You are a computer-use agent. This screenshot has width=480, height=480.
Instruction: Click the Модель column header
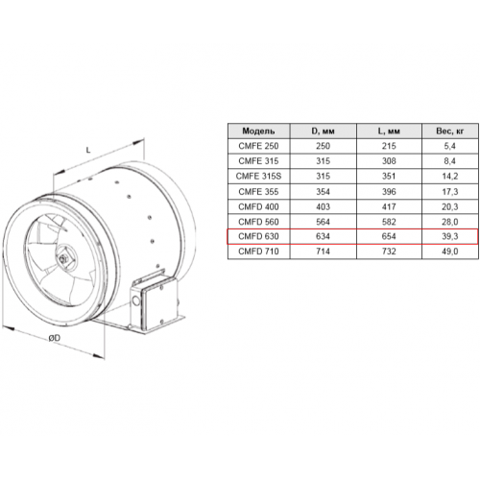click(x=258, y=131)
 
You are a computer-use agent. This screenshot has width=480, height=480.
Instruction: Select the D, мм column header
click(x=323, y=131)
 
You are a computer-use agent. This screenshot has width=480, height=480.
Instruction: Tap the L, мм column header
click(x=389, y=131)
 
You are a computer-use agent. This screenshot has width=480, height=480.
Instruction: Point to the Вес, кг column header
click(x=449, y=131)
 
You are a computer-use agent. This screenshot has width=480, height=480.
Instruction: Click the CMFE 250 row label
click(x=258, y=146)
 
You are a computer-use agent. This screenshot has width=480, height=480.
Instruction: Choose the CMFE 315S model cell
click(x=258, y=176)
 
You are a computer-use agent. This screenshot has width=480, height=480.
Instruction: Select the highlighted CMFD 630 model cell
click(x=258, y=236)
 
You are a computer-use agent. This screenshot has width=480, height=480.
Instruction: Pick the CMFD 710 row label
click(x=258, y=252)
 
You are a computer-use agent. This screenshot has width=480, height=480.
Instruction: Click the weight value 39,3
click(x=449, y=236)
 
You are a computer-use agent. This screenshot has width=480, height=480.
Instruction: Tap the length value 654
click(x=389, y=236)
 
